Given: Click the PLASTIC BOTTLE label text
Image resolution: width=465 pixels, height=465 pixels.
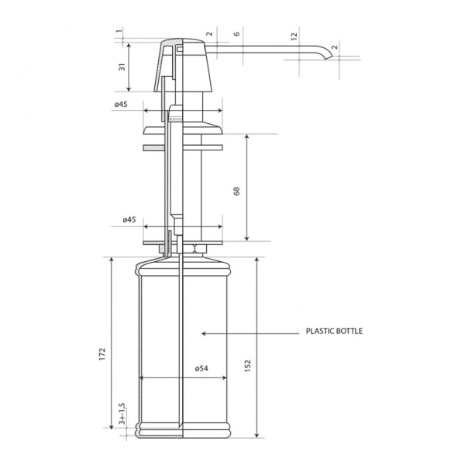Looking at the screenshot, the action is [x=334, y=331].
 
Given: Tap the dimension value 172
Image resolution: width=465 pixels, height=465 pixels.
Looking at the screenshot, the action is [x=102, y=354].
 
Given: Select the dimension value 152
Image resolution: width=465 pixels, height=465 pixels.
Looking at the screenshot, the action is [x=248, y=365].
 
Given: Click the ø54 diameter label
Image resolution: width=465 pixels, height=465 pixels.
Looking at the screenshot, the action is [x=201, y=368].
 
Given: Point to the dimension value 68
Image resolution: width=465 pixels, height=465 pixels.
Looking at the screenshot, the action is [x=236, y=191].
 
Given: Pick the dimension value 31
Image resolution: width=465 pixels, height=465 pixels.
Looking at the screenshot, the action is [x=122, y=67].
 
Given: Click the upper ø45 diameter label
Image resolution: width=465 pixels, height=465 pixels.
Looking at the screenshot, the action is [x=121, y=104].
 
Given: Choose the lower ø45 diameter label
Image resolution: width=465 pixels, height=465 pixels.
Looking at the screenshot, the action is [x=129, y=219].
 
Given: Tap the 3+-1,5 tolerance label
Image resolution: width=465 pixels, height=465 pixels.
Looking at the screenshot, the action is [x=122, y=414].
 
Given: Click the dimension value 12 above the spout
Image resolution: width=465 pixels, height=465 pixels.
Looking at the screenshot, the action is [x=294, y=36].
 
